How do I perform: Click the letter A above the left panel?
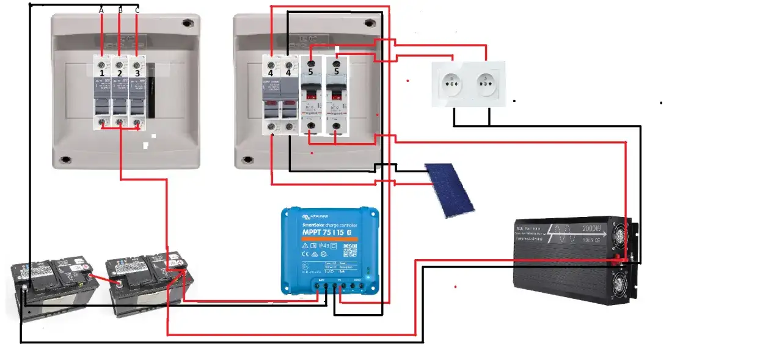(101, 10)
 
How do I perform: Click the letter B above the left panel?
(120, 10)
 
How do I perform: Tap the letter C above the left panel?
(137, 10)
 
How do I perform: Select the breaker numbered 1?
(103, 92)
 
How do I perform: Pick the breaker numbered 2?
(120, 92)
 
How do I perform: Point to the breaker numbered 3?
(137, 92)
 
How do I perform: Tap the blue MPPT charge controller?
(330, 251)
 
